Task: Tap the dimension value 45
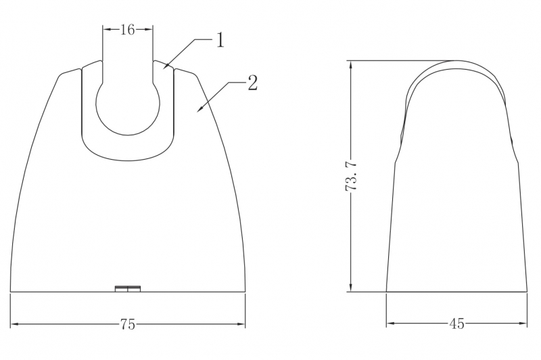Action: (456, 325)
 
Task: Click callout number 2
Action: (252, 83)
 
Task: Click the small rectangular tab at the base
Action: (127, 289)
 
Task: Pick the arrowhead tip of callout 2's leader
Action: (197, 110)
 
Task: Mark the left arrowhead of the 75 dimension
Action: (13, 325)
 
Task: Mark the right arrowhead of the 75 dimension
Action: (244, 325)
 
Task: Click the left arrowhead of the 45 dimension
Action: (388, 325)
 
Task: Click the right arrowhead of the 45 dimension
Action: (525, 325)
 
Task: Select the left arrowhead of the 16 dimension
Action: (104, 29)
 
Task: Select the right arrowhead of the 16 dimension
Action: (151, 29)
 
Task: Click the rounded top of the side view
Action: (457, 65)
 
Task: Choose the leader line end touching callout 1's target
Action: (164, 68)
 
